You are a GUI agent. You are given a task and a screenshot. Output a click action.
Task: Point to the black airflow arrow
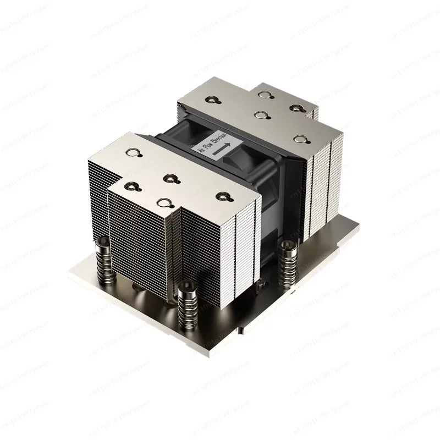[222, 147]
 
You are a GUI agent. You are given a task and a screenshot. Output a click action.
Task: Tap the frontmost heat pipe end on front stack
[163, 204]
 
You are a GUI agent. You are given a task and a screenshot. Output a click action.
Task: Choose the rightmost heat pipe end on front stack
[223, 195]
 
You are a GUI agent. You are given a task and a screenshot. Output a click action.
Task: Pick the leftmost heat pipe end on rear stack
[210, 100]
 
